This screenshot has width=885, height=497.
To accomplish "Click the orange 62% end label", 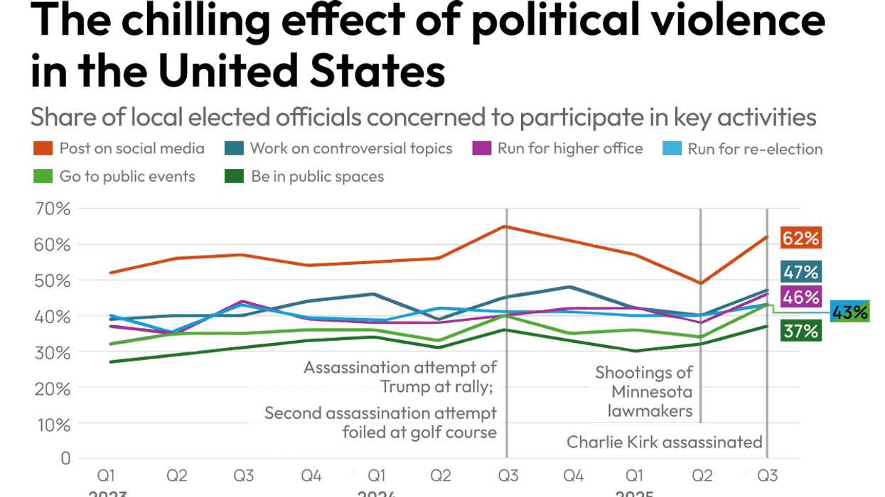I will (800, 239).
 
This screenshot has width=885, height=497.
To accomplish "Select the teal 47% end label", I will (800, 271).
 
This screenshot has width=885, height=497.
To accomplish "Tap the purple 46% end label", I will (800, 297).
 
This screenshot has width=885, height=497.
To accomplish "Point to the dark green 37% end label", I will (800, 331).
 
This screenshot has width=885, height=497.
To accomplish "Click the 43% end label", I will (849, 312).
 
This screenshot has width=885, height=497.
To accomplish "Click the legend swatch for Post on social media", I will (43, 149).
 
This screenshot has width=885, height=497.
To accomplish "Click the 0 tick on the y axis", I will (65, 459).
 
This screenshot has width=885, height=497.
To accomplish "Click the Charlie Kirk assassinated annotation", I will (664, 442).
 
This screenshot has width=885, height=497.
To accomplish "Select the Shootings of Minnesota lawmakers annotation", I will (643, 391).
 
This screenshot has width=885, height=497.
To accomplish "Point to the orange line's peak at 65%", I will (505, 226).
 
